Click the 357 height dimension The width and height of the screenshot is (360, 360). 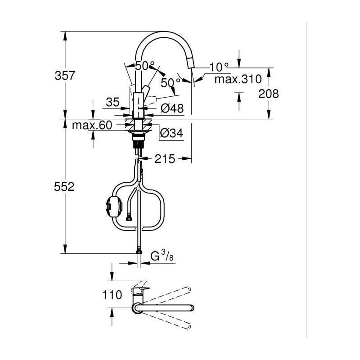click(65, 76)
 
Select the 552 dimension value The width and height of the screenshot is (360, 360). click(64, 187)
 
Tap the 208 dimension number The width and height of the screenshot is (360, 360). click(268, 94)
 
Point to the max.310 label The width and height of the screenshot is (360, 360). click(238, 79)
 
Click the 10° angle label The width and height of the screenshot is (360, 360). click(219, 67)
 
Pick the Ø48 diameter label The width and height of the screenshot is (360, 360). click(172, 108)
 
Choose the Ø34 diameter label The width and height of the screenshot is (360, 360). click(171, 133)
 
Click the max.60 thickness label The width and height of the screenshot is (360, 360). click(92, 126)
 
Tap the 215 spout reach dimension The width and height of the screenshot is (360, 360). click(165, 159)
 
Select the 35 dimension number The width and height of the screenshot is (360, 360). click(113, 102)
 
